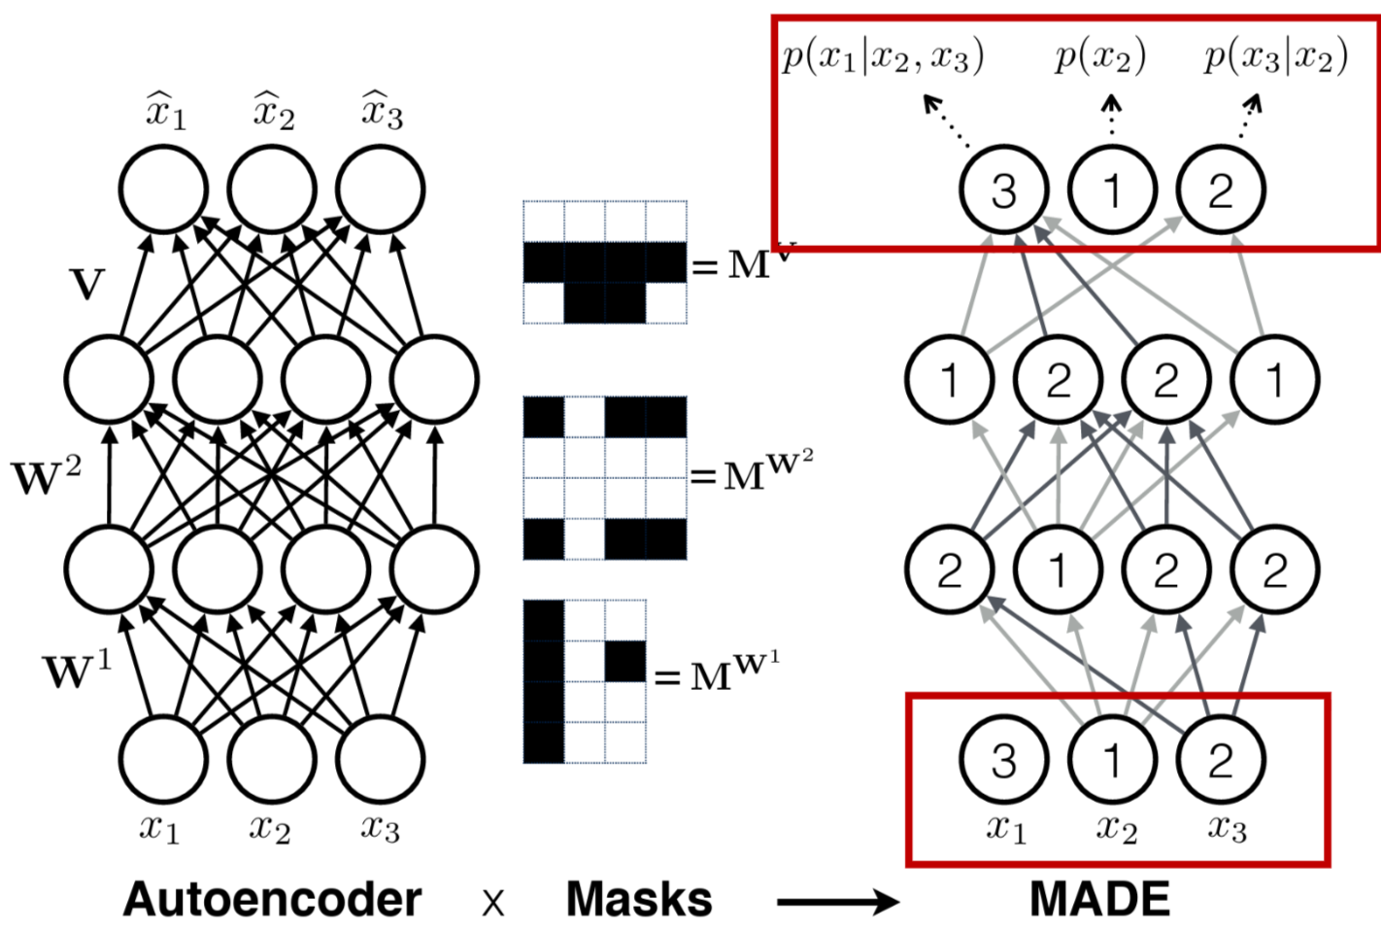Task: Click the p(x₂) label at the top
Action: [x=1100, y=56]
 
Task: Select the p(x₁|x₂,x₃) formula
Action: [x=883, y=56]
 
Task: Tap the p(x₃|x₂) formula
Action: [x=1275, y=56]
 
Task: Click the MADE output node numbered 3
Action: [x=1003, y=190]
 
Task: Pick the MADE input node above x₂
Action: [x=1112, y=760]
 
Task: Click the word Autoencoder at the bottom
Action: [x=272, y=900]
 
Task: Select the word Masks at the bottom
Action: [x=639, y=900]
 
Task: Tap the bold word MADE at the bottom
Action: [x=1099, y=900]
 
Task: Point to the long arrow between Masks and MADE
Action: [x=838, y=903]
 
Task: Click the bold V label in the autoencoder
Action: [x=87, y=285]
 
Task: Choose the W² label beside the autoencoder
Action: [x=47, y=476]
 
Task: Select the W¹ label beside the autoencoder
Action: [x=77, y=672]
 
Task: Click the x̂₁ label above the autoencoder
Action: [x=166, y=111]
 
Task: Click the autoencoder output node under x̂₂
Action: [x=272, y=190]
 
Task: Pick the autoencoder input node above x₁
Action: [x=163, y=760]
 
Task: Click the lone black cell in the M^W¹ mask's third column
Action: [x=625, y=661]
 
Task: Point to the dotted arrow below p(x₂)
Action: [x=1112, y=114]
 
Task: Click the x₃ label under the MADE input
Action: [x=1227, y=828]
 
